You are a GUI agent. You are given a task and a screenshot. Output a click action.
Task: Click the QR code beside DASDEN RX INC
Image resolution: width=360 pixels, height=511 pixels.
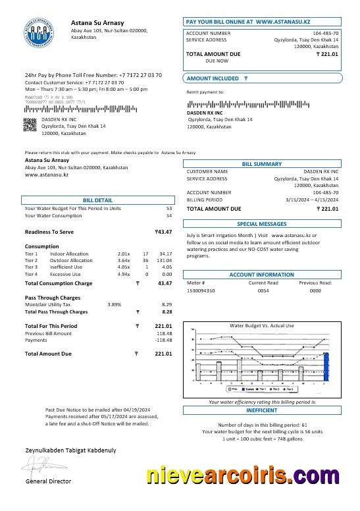(x=30, y=124)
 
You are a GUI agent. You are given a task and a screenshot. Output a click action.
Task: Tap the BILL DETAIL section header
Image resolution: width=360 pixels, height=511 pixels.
(x=97, y=200)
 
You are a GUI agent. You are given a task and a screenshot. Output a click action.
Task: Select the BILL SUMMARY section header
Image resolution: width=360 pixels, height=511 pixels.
(x=261, y=163)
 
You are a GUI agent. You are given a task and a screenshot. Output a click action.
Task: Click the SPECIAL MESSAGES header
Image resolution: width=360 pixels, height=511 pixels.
(x=261, y=223)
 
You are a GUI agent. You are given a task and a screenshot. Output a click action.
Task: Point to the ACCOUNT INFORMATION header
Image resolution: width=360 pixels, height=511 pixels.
(x=261, y=275)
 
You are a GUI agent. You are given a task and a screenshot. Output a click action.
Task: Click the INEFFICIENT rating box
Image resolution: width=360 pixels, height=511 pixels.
(x=261, y=409)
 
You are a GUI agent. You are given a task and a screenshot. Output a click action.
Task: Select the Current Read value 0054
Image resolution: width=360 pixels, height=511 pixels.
(x=263, y=290)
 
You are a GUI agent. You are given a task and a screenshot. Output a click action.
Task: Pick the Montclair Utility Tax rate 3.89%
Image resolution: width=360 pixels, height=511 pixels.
(x=115, y=305)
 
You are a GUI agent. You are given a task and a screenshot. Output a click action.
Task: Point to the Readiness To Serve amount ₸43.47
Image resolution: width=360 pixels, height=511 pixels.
(x=163, y=232)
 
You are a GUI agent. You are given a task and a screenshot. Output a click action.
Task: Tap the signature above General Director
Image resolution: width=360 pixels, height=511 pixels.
(x=43, y=468)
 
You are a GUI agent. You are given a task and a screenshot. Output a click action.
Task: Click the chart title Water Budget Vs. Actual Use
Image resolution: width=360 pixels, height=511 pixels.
(x=261, y=325)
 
